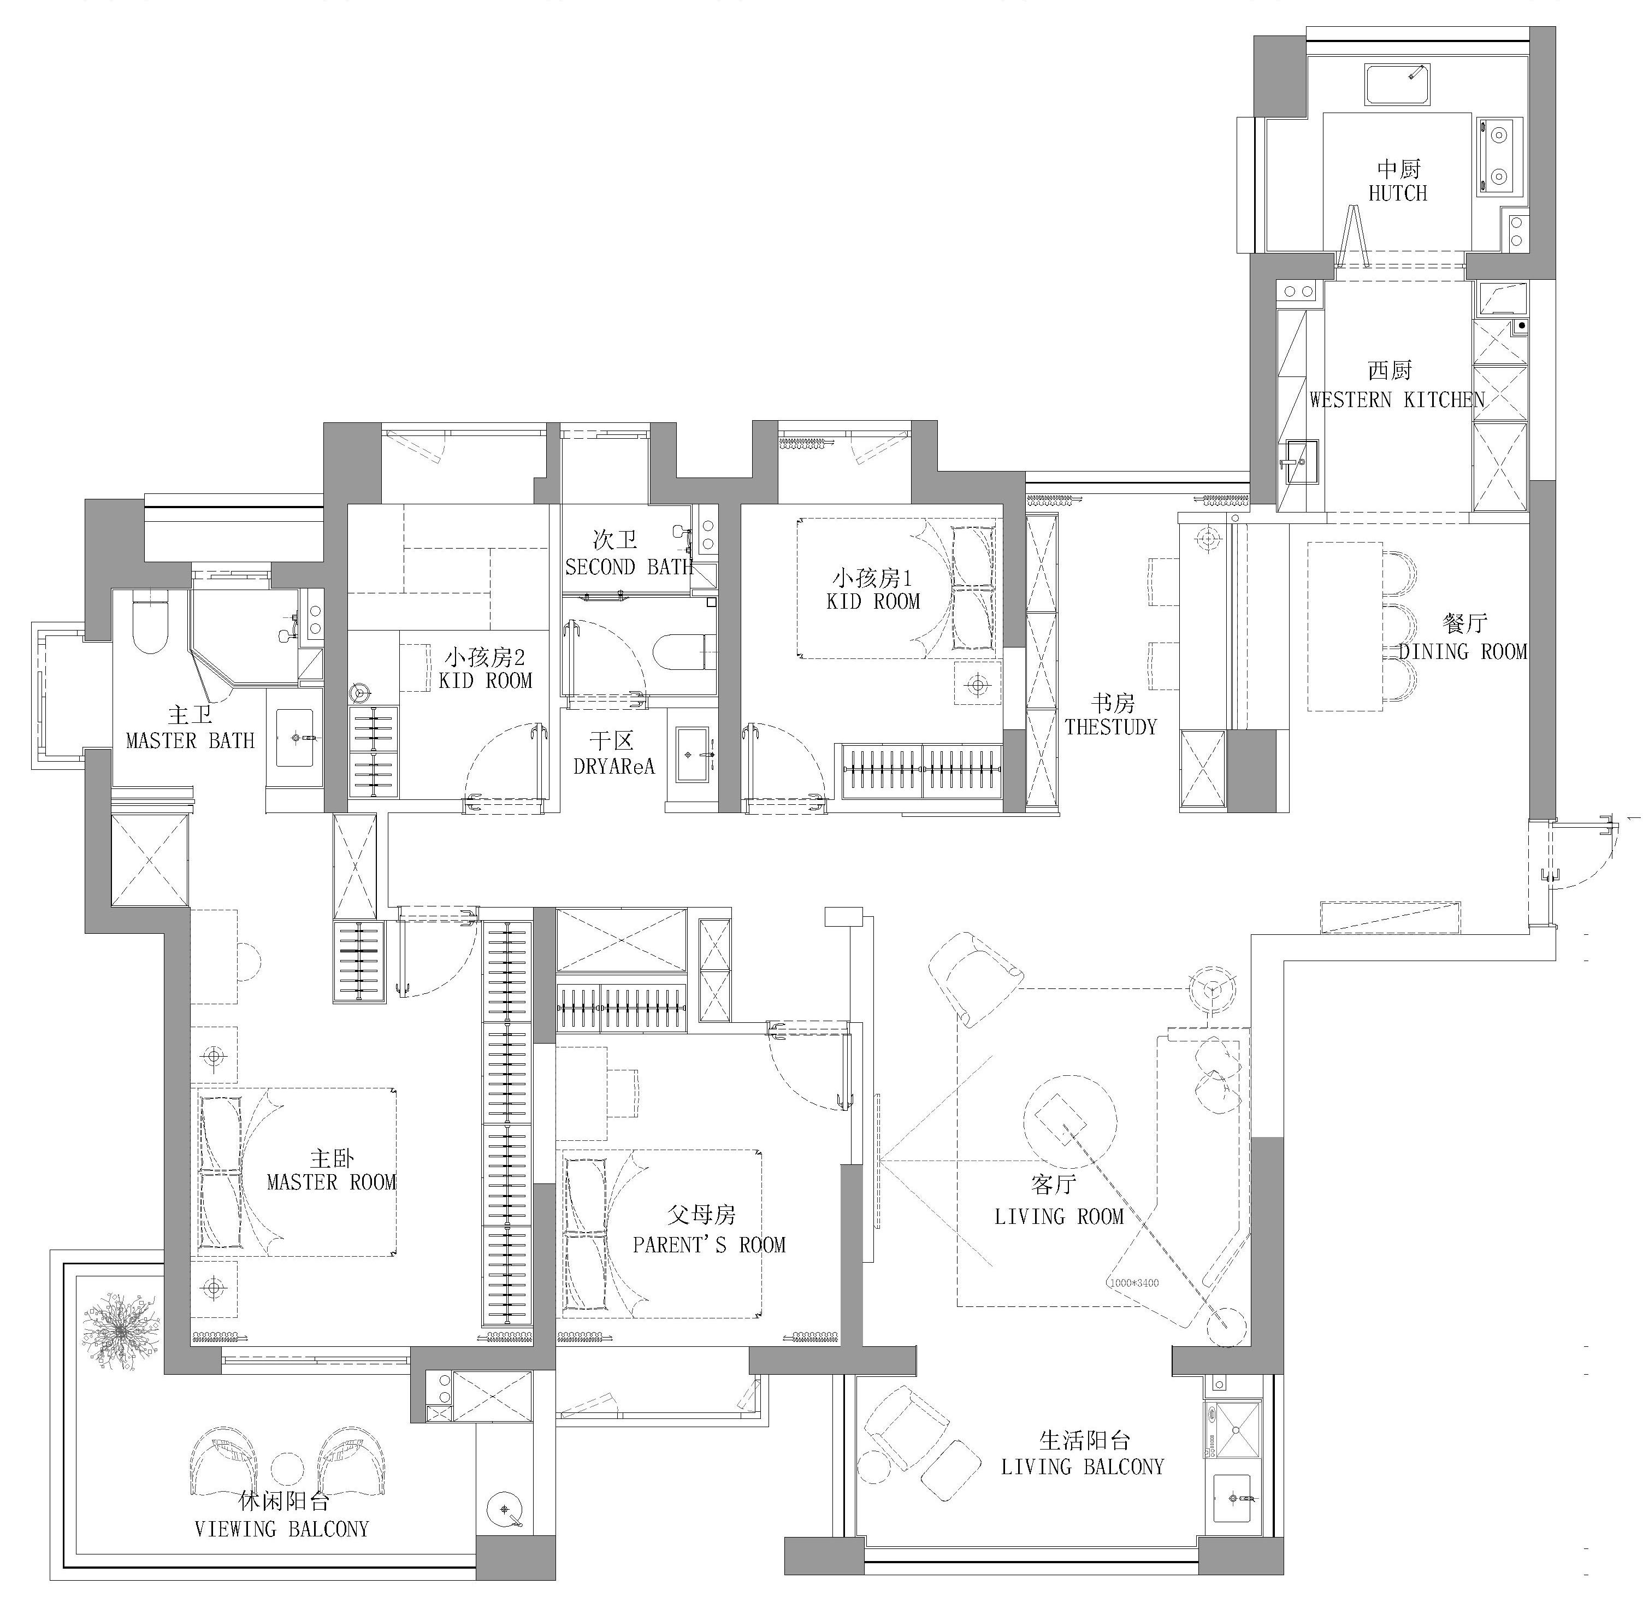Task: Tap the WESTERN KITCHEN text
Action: click(x=1397, y=399)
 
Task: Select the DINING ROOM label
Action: click(x=1462, y=651)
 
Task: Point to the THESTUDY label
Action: click(x=1110, y=727)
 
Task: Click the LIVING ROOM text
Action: click(x=1059, y=1217)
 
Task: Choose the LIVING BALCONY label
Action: click(x=1082, y=1466)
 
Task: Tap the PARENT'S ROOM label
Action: click(x=708, y=1245)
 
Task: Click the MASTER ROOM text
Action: click(x=330, y=1182)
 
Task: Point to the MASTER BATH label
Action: click(x=190, y=740)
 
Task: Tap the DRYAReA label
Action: click(x=613, y=767)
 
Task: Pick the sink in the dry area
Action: click(x=695, y=754)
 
